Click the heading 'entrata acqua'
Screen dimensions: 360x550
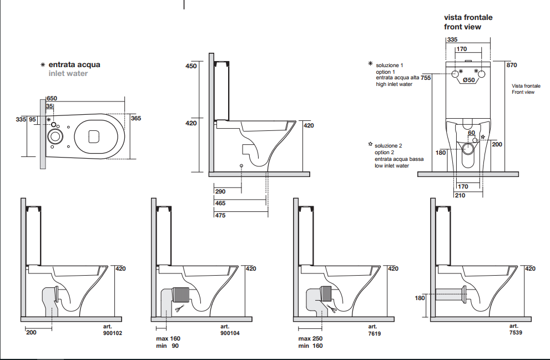[x=74, y=65]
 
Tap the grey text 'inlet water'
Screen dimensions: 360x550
[x=68, y=73]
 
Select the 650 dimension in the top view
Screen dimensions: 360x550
[x=52, y=98]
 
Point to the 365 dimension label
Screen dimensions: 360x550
[x=136, y=118]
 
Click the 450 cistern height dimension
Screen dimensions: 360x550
[x=191, y=66]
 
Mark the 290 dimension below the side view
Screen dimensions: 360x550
[x=220, y=191]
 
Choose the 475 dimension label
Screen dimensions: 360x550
[x=220, y=215]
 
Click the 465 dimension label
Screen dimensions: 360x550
[x=220, y=204]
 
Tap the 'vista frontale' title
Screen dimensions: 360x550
[x=468, y=17]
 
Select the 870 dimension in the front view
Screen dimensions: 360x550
[x=511, y=65]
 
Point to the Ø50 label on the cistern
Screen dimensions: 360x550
[x=468, y=80]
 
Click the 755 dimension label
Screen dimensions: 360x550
[x=426, y=78]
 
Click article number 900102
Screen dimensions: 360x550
[x=113, y=333]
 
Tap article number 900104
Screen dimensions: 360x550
[x=230, y=333]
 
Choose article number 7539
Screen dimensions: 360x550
[x=514, y=333]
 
